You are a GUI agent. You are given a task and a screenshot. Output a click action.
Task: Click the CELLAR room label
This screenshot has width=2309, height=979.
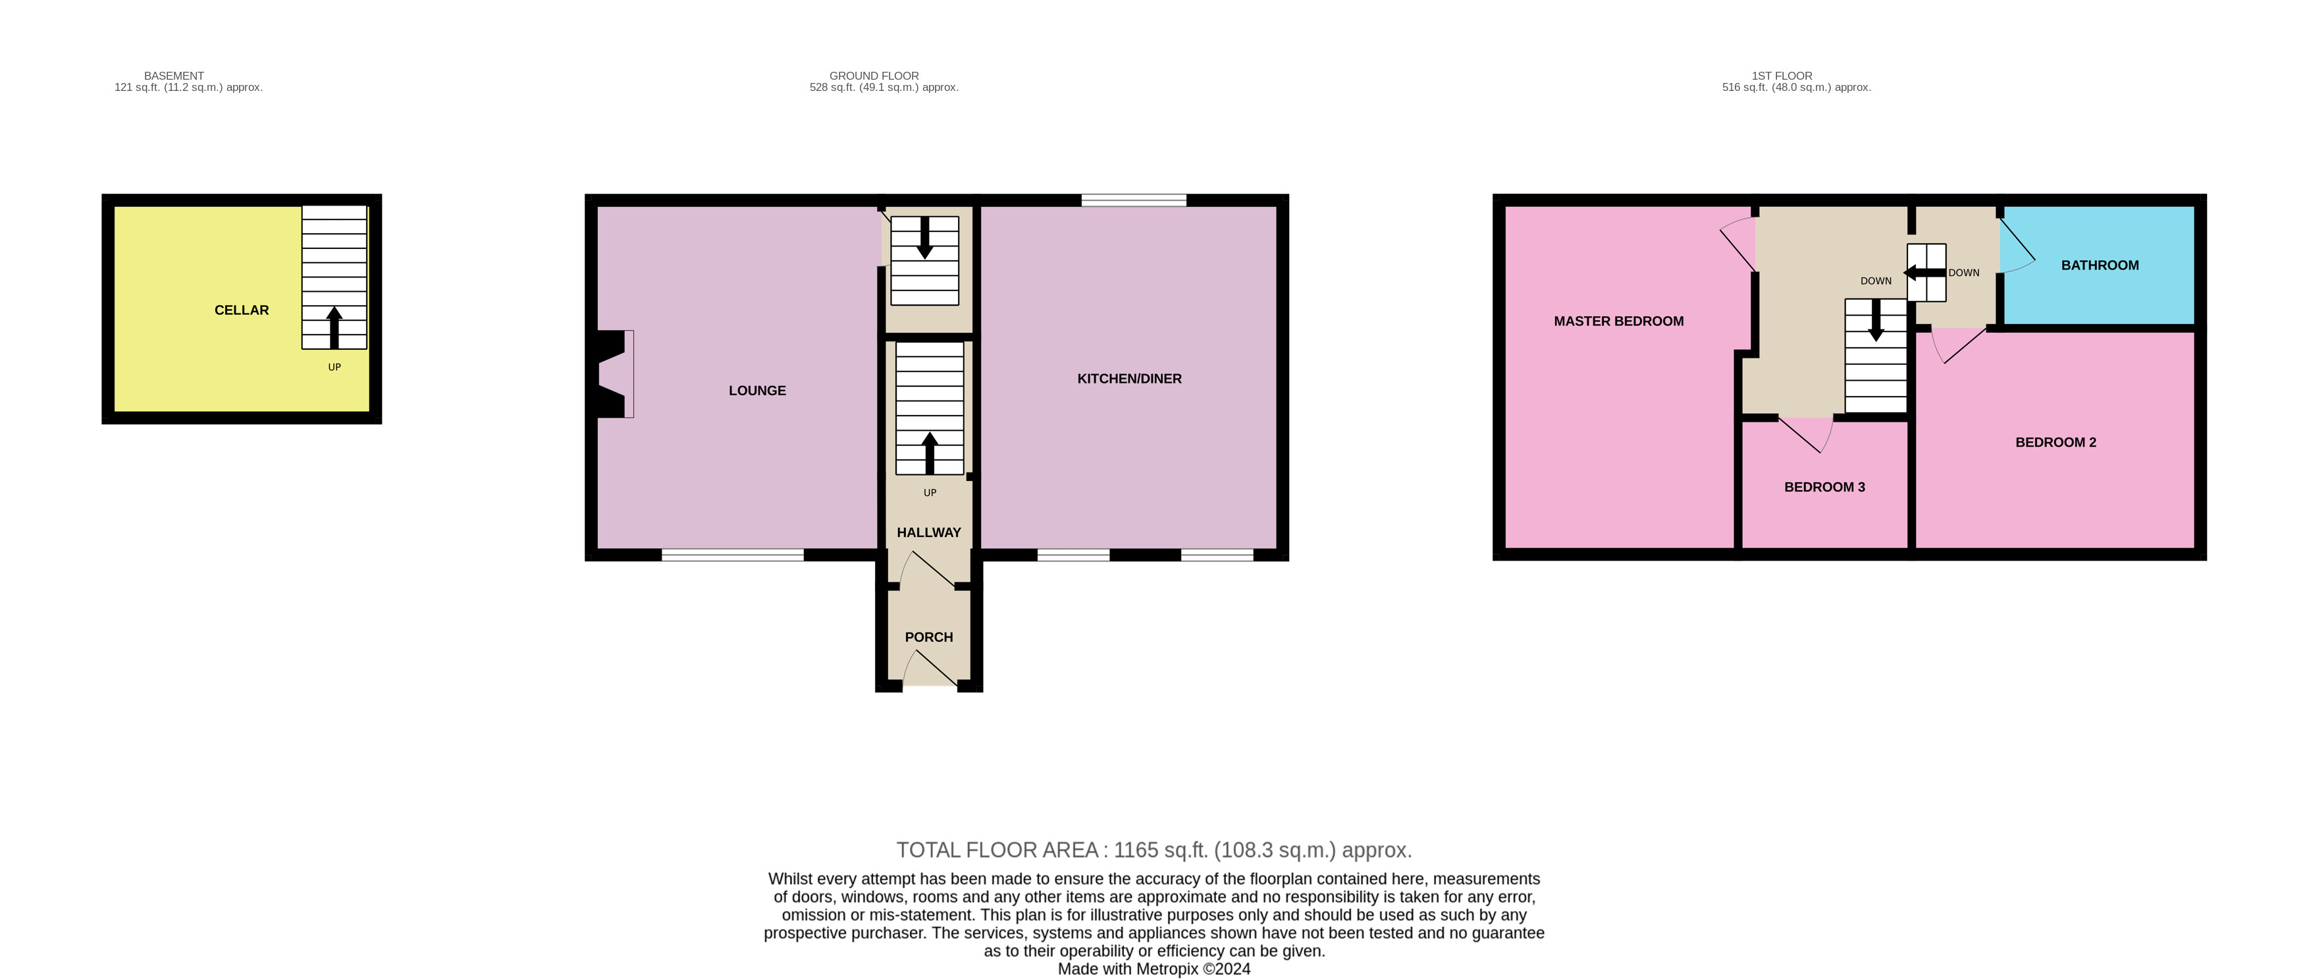241,310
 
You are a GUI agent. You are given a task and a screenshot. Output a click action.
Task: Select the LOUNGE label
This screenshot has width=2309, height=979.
756,391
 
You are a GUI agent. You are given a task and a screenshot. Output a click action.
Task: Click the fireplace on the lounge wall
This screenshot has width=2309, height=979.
615,374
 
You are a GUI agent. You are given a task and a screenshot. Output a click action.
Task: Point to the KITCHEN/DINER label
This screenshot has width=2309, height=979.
1128,379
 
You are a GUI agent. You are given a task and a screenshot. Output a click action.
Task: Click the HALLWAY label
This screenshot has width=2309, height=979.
928,532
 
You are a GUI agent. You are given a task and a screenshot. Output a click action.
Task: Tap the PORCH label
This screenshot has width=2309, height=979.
928,638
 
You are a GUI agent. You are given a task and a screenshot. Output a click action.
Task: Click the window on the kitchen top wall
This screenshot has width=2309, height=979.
1133,200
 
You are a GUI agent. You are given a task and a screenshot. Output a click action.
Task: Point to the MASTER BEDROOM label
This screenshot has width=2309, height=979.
1618,321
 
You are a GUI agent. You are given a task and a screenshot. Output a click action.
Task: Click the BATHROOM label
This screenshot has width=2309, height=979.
2099,266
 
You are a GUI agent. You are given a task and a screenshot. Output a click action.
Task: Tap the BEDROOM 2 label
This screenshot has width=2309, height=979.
2056,442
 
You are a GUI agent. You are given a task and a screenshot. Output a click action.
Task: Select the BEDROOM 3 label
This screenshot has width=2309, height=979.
1824,487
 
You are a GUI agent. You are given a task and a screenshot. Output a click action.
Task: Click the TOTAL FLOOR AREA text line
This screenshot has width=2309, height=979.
1154,850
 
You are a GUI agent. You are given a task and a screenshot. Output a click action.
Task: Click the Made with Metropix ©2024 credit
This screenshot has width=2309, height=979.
1154,968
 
